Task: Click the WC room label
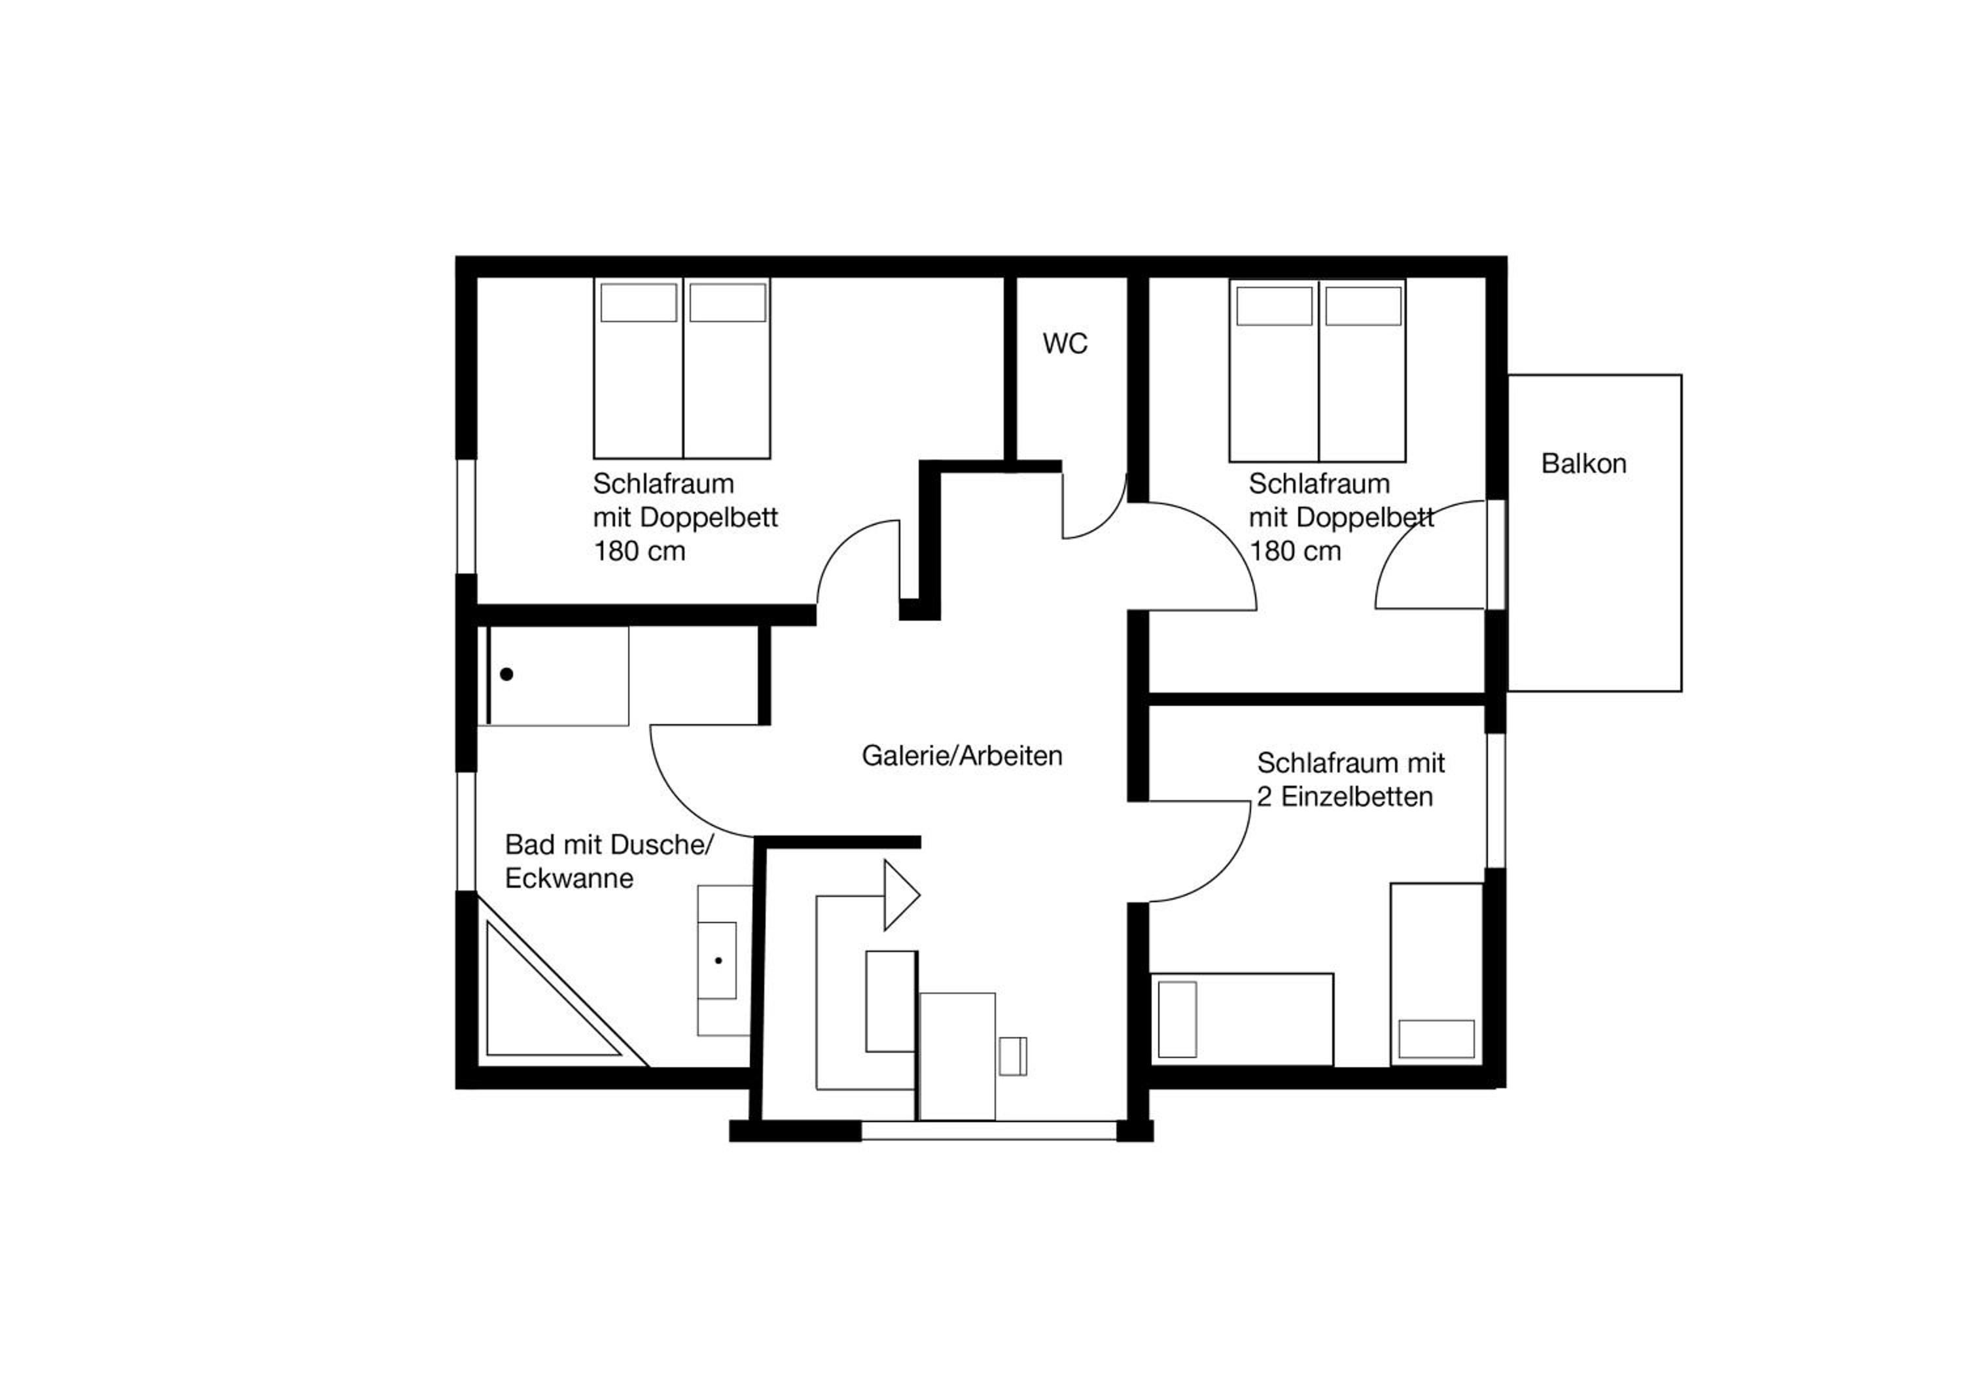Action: tap(1065, 344)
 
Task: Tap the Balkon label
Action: tap(1583, 464)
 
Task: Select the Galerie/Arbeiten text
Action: tap(962, 756)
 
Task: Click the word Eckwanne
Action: tap(569, 878)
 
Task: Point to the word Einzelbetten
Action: tap(1357, 797)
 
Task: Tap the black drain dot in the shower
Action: tap(506, 675)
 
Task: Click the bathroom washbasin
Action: tap(717, 960)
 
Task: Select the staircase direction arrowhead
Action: tap(901, 896)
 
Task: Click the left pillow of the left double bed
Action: tap(639, 302)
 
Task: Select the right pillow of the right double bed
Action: tap(1364, 306)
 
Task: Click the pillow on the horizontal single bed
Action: tap(1177, 1019)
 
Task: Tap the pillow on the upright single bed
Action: tap(1436, 1039)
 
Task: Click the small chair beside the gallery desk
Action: tap(1012, 1056)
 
